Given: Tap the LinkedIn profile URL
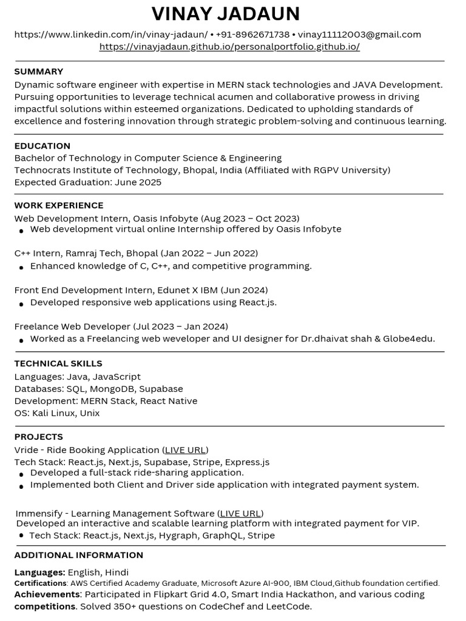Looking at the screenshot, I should click(x=110, y=35).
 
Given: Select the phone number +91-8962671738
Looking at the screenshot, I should click(x=252, y=35).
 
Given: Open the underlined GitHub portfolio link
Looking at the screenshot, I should click(x=229, y=47).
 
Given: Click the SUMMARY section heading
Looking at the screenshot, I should click(x=39, y=72).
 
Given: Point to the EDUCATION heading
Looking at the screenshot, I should click(x=42, y=146).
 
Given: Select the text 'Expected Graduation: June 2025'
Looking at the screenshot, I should click(x=88, y=182).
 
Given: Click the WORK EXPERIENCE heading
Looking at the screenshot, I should click(x=59, y=206).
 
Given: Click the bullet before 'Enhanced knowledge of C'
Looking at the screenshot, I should click(x=22, y=267).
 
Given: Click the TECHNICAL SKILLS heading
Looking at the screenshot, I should click(x=58, y=364).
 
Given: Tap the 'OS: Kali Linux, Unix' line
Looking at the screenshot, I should click(x=57, y=413).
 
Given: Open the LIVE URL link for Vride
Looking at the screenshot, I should click(x=185, y=450).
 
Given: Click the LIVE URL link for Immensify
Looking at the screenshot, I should click(x=240, y=514).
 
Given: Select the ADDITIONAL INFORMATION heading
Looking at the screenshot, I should click(x=79, y=555).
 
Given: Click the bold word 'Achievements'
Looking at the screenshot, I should click(x=47, y=594).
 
